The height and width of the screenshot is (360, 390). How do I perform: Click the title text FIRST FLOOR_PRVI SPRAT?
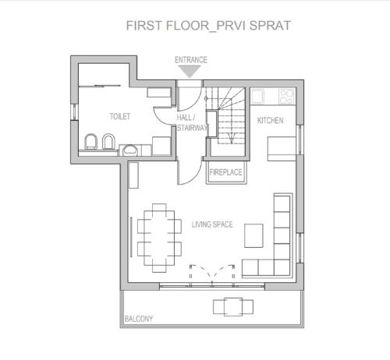(x=208, y=26)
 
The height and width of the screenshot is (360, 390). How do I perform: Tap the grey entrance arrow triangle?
(x=190, y=71)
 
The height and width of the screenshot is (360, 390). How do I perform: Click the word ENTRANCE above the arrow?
(x=191, y=60)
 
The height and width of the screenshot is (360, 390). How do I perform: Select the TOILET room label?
(x=120, y=116)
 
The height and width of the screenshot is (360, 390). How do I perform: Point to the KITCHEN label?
(x=271, y=121)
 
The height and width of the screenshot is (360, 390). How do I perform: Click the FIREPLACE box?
(x=226, y=172)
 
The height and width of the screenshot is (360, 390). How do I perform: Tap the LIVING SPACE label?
(x=212, y=224)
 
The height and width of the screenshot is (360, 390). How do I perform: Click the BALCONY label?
(x=139, y=319)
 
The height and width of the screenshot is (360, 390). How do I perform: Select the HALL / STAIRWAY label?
(x=192, y=122)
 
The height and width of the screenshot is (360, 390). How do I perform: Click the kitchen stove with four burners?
(x=287, y=97)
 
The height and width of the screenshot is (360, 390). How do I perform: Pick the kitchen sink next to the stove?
(x=257, y=96)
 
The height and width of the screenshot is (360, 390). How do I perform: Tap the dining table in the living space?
(x=159, y=238)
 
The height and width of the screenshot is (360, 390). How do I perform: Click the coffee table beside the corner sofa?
(x=253, y=235)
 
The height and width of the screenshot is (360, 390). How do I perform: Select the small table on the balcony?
(x=233, y=307)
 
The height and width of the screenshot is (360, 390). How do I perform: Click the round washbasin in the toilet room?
(x=130, y=150)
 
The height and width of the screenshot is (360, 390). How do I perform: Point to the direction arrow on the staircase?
(x=232, y=137)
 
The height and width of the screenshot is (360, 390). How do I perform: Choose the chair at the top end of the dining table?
(x=159, y=207)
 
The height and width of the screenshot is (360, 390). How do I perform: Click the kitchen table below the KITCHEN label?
(x=282, y=149)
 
